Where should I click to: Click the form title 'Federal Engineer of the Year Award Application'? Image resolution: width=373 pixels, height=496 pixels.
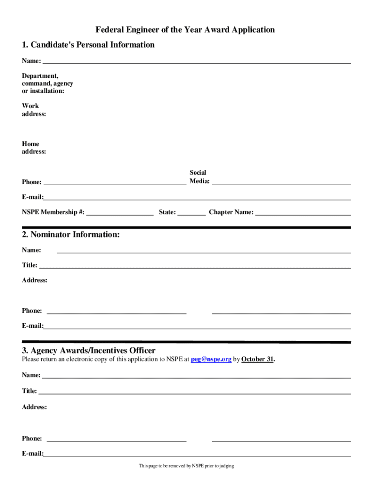[x=185, y=30]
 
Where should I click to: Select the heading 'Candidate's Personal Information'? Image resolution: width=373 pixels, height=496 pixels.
[x=88, y=45]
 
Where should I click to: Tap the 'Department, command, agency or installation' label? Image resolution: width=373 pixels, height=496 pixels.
[x=47, y=83]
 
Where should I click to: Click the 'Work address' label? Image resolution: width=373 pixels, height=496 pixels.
[x=34, y=110]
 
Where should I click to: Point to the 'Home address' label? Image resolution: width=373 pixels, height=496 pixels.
[x=34, y=148]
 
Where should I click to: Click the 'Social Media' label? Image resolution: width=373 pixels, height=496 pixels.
[x=199, y=177]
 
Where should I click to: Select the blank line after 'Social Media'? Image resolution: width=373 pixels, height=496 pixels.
[x=281, y=184]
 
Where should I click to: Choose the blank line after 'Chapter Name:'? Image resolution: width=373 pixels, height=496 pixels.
[x=303, y=214]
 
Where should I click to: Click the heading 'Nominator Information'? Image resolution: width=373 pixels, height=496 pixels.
[x=71, y=235]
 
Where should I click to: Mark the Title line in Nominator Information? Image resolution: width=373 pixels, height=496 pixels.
[x=195, y=267]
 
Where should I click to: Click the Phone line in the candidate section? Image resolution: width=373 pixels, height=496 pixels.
[x=115, y=184]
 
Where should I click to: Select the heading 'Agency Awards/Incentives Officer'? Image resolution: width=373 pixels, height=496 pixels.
[x=89, y=351]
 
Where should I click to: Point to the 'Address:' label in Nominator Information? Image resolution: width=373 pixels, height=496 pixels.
[x=34, y=280]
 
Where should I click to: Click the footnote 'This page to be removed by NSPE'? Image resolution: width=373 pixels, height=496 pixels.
[x=186, y=466]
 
